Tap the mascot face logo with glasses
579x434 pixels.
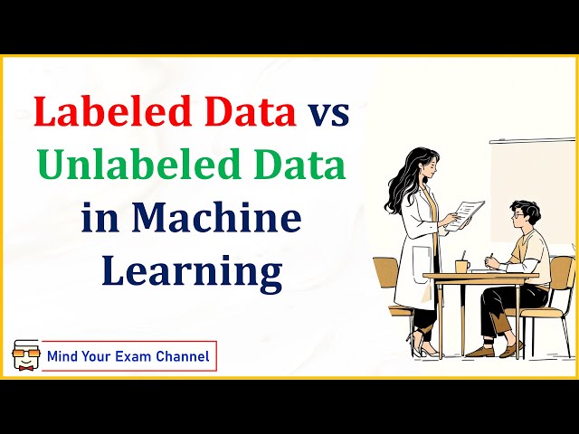pyautogui.click(x=25, y=355)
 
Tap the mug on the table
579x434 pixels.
pyautogui.click(x=462, y=266)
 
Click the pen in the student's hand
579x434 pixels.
pyautogui.click(x=489, y=257)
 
